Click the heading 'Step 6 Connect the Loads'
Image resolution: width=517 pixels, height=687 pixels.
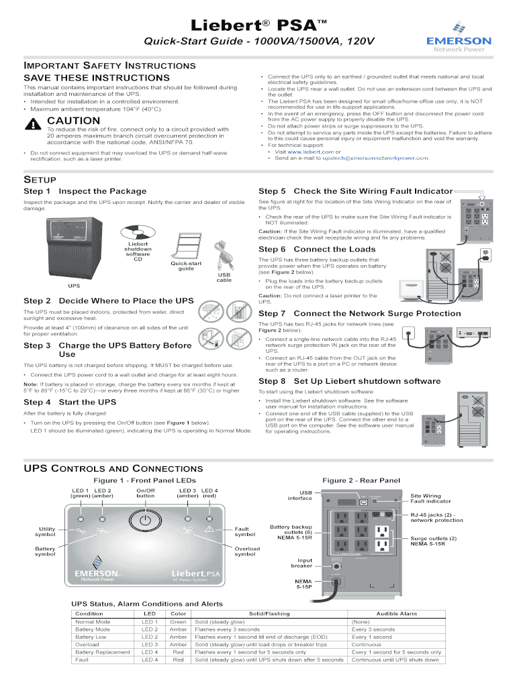[317, 249]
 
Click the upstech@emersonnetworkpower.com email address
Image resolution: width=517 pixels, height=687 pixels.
[375, 158]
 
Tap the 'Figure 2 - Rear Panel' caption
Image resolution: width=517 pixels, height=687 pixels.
[361, 480]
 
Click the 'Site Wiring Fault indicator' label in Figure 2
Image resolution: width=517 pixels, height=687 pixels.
[430, 498]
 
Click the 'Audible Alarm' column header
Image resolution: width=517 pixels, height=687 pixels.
[396, 613]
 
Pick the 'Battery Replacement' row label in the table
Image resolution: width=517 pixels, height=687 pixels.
[103, 651]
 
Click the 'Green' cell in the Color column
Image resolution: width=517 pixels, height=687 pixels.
[178, 622]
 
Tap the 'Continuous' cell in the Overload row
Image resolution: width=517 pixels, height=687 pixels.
[366, 644]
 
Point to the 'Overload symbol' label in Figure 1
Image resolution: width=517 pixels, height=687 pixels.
[247, 551]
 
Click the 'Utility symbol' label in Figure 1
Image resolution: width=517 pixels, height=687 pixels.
[45, 531]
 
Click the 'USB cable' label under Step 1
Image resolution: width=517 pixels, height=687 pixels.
[224, 277]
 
